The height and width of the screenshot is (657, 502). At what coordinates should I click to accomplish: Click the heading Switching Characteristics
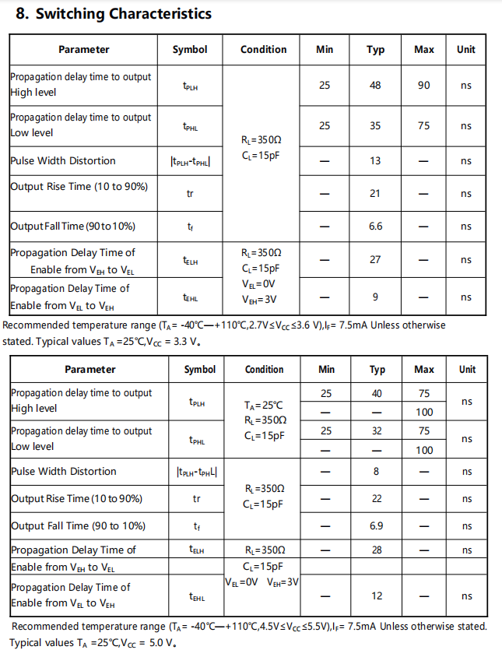click(x=114, y=14)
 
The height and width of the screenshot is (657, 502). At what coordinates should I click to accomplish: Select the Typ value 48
click(x=375, y=85)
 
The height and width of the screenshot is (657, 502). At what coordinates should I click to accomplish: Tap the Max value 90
click(x=423, y=85)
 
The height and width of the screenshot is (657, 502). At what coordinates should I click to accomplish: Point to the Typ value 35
click(x=375, y=125)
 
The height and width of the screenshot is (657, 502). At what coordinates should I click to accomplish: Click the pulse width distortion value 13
click(x=375, y=161)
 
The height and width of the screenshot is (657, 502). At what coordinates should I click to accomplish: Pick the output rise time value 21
click(x=375, y=193)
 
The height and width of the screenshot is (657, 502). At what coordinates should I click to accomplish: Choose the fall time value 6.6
click(x=375, y=226)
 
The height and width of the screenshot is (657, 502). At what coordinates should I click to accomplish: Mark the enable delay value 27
click(x=375, y=259)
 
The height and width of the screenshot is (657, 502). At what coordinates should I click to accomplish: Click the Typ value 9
click(x=375, y=297)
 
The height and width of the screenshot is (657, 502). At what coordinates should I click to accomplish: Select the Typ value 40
click(x=377, y=394)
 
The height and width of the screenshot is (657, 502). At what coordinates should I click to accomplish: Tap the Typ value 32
click(x=377, y=430)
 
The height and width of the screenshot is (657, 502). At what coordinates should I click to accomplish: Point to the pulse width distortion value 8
click(x=377, y=471)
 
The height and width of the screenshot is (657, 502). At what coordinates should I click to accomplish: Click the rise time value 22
click(x=377, y=498)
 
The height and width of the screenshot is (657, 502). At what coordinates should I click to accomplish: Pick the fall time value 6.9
click(x=377, y=526)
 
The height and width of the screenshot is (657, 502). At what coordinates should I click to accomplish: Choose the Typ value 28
click(x=377, y=550)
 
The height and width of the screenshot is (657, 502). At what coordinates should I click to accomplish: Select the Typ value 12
click(x=377, y=596)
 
